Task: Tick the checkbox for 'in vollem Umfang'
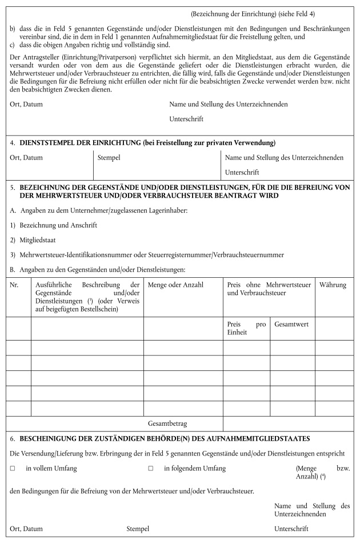12,469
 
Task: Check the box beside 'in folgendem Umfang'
151,469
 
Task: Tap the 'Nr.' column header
14,284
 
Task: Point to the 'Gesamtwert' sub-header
291,324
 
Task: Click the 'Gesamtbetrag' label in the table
167,424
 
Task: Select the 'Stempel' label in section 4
109,157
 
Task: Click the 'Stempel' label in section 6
138,529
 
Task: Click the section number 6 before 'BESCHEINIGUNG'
13,438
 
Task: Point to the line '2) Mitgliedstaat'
36,241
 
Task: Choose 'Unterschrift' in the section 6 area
291,529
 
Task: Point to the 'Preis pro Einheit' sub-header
246,328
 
